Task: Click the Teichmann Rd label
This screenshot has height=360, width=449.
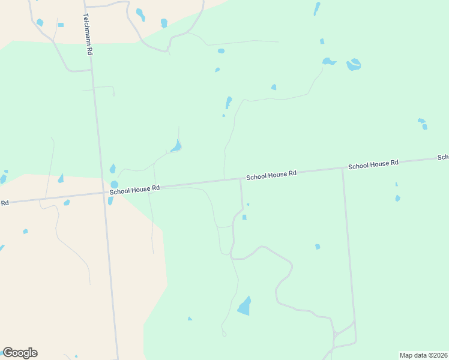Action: [88, 35]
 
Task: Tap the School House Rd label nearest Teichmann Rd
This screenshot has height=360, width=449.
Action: [134, 188]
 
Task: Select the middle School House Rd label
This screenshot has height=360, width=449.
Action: [271, 174]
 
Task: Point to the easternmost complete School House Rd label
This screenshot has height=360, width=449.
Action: [373, 164]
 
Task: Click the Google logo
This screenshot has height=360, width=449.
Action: [20, 352]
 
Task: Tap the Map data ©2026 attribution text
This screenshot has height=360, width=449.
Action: [423, 355]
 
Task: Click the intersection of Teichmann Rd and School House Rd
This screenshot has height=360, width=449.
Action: [104, 193]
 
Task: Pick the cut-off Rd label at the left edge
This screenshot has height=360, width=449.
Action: [4, 203]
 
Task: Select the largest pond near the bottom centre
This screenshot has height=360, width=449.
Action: [244, 307]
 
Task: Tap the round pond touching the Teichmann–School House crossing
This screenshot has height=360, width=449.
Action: [114, 184]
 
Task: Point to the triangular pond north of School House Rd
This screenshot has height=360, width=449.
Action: [176, 146]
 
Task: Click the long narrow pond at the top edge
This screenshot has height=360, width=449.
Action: [317, 8]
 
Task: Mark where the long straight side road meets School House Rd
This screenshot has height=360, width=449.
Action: [343, 168]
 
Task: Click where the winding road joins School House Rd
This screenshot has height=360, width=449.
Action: [241, 179]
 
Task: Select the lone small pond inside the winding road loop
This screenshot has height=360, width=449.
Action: [318, 247]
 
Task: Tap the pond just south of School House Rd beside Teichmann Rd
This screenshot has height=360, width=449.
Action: [110, 200]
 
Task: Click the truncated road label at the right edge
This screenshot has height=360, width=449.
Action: [444, 157]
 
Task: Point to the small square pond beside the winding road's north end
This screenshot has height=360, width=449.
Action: [244, 217]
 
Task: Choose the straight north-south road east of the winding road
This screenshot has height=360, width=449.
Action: [349, 252]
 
